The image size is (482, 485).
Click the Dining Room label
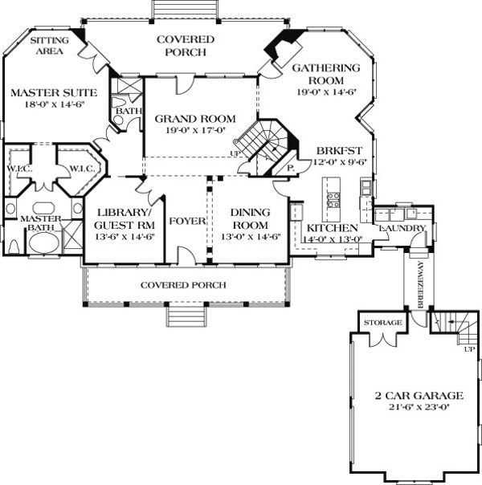tap(249, 218)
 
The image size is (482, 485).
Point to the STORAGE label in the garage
tap(382, 323)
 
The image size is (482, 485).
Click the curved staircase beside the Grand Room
tap(263, 145)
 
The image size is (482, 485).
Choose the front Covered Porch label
tap(183, 285)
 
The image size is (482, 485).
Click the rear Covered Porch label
tap(186, 46)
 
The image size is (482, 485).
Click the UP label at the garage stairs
tap(468, 349)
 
